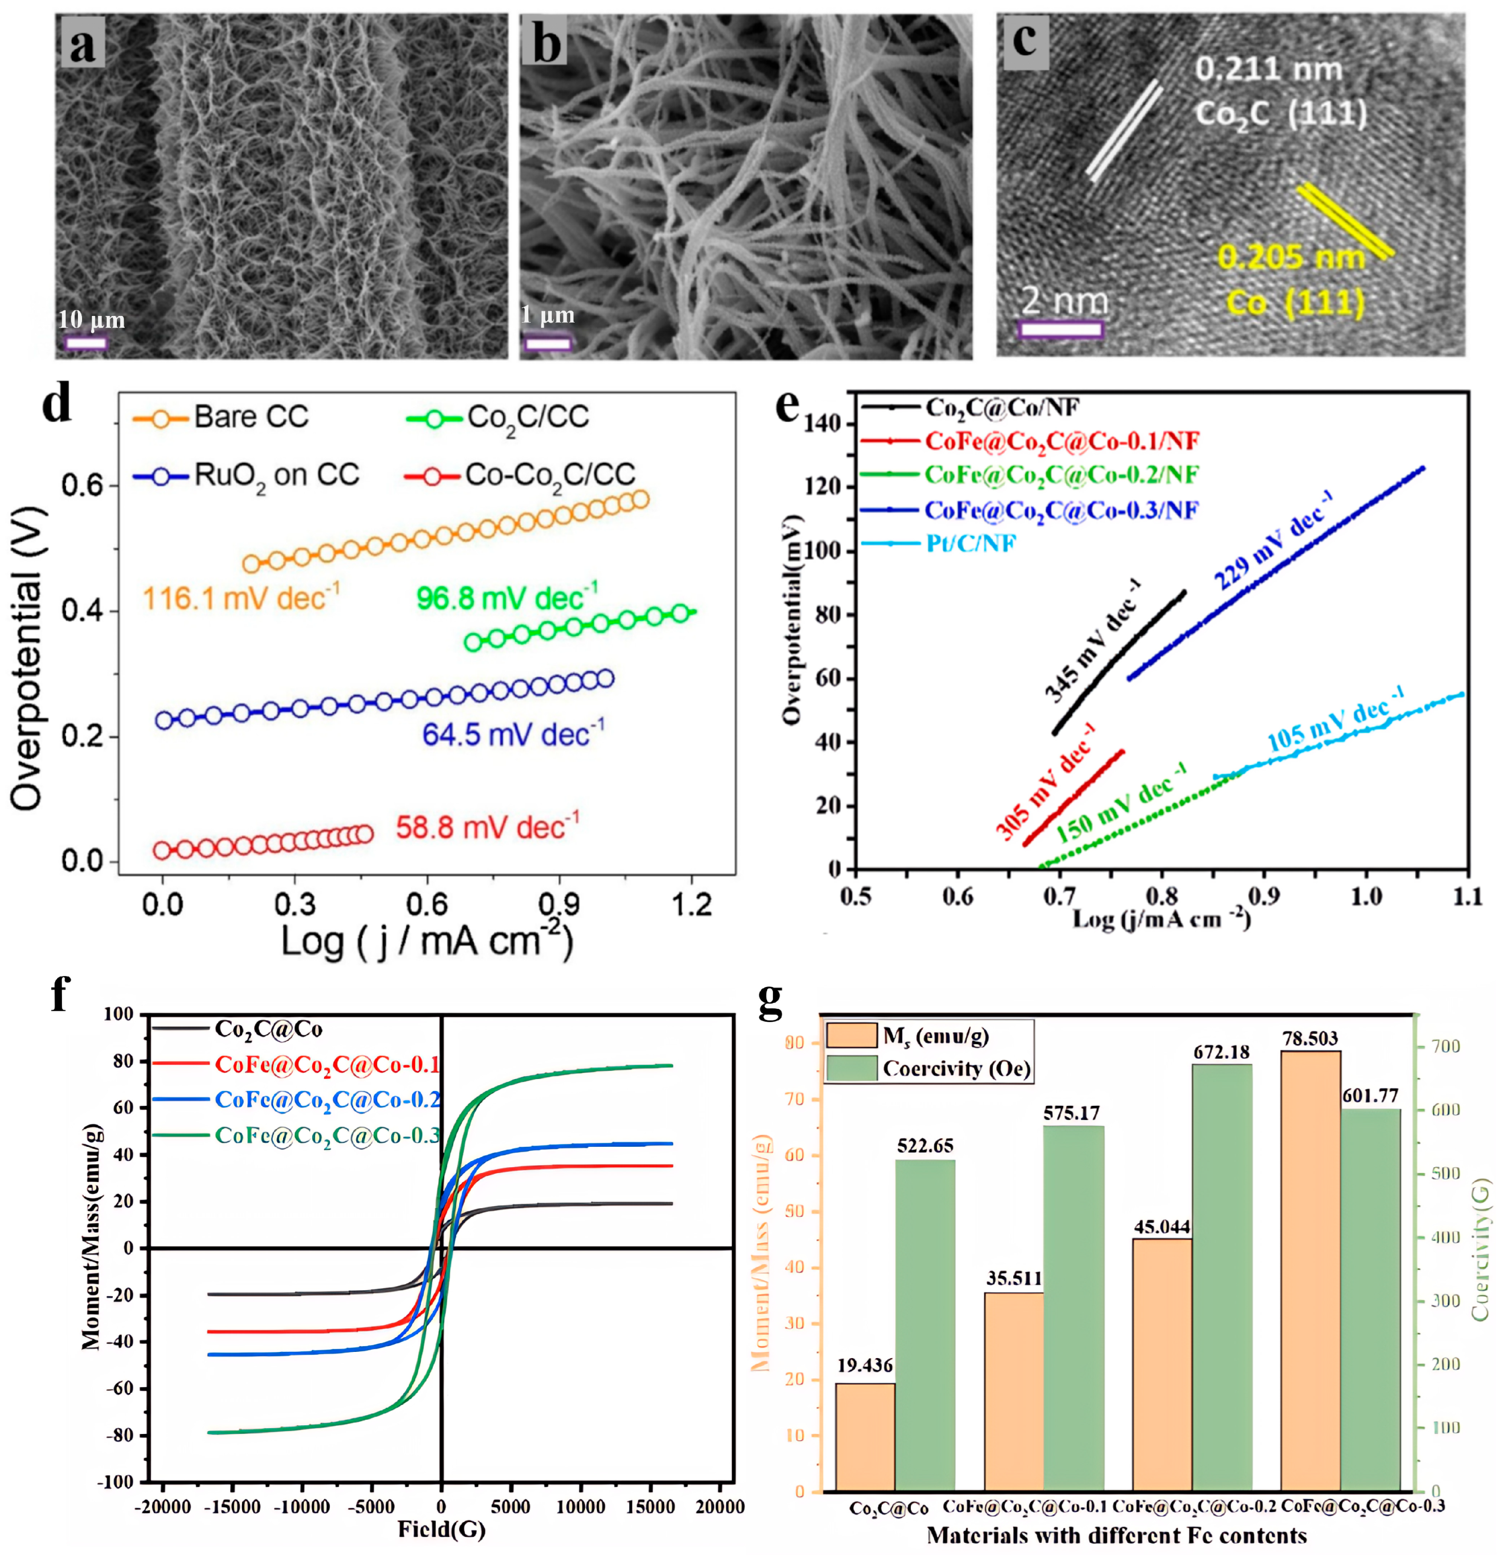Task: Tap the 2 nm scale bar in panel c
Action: click(1060, 329)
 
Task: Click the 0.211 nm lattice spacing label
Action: click(1268, 70)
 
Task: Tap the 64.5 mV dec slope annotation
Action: click(512, 734)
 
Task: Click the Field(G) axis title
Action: click(441, 1529)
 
